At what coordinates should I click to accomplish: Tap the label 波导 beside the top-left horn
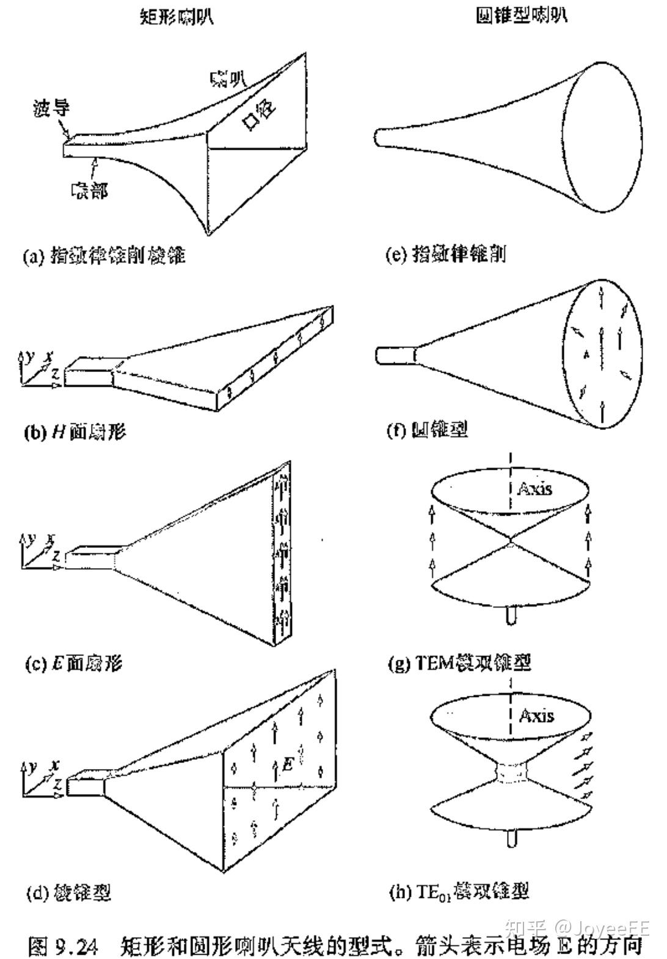pyautogui.click(x=51, y=108)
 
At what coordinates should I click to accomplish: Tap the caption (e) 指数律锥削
pyautogui.click(x=445, y=253)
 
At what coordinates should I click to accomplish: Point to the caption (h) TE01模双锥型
pyautogui.click(x=459, y=892)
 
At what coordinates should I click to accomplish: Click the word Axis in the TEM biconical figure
pyautogui.click(x=534, y=489)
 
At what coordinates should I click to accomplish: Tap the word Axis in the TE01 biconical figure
pyautogui.click(x=536, y=715)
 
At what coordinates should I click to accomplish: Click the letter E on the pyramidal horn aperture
pyautogui.click(x=288, y=763)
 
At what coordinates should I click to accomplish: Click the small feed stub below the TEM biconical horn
pyautogui.click(x=511, y=614)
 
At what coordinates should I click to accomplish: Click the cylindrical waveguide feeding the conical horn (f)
pyautogui.click(x=395, y=355)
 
